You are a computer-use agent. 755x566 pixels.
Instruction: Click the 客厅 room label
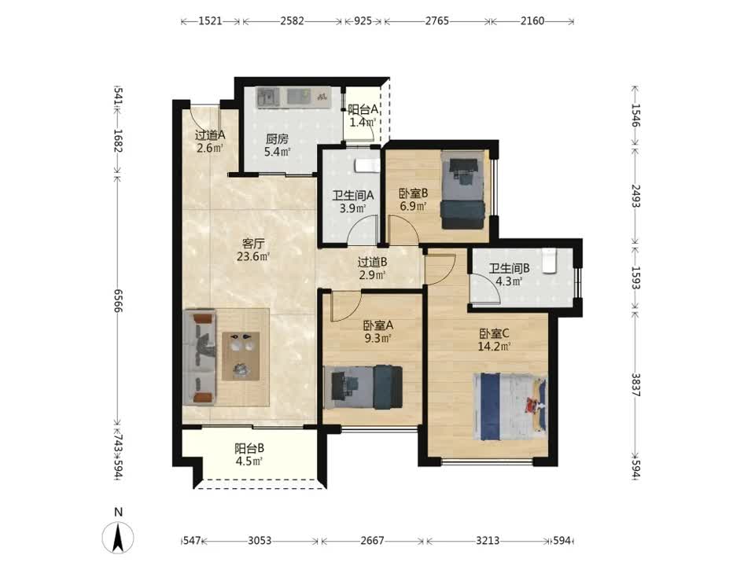pos(252,243)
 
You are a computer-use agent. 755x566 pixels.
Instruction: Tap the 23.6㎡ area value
pos(252,256)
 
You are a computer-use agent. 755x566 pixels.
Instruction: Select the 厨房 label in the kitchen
pos(277,139)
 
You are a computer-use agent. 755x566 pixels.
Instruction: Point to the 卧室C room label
pos(494,333)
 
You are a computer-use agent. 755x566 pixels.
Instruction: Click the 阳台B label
pos(249,449)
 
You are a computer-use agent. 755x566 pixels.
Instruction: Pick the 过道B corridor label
pos(372,263)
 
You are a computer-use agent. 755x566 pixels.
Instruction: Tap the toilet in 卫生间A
pos(367,166)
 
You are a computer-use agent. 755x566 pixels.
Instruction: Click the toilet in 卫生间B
pos(549,261)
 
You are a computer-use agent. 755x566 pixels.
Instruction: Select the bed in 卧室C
pos(510,406)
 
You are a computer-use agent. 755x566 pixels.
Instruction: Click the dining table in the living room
pos(241,355)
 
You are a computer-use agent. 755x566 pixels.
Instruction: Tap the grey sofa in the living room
pos(199,357)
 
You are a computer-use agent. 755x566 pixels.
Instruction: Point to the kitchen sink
pos(267,97)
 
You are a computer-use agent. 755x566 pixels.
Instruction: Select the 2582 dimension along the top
pos(293,20)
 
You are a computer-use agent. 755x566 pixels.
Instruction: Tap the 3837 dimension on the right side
pos(635,385)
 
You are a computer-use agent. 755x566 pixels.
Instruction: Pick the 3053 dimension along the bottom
pos(260,541)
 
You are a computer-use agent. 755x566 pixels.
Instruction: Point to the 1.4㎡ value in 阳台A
pos(362,123)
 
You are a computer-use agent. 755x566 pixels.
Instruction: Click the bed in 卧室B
pos(462,190)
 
